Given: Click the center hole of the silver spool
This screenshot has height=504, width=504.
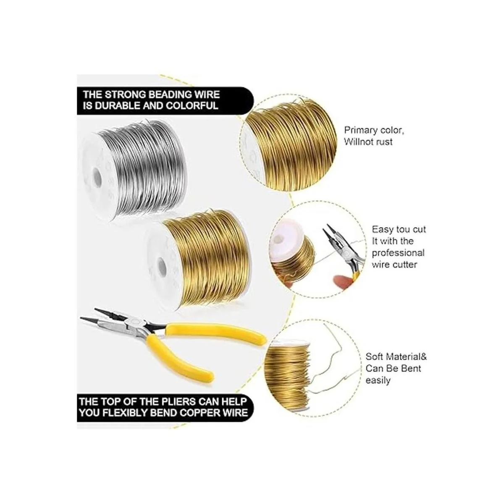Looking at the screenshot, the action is click(x=97, y=178).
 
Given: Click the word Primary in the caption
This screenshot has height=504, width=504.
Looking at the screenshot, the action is click(x=360, y=130).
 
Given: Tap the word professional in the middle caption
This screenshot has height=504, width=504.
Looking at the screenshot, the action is click(x=398, y=253).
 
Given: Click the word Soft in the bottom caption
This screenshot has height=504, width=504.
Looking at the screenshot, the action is click(x=375, y=357).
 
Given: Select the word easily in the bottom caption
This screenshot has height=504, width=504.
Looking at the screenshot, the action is click(x=378, y=380).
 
